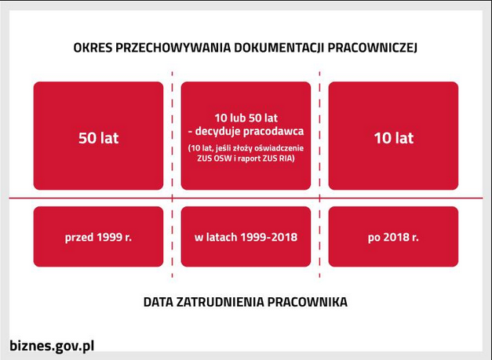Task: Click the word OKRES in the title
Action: (93, 48)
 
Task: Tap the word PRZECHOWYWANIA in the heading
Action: (173, 48)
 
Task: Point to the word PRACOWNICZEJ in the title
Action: (373, 48)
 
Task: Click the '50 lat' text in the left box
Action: (99, 138)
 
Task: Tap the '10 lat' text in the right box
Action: (394, 138)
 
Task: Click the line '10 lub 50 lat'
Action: (246, 118)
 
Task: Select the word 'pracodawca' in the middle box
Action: (273, 131)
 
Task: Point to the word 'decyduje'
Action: (217, 131)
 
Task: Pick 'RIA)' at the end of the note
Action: (287, 158)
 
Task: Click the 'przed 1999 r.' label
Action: (98, 237)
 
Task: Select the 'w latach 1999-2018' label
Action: (246, 237)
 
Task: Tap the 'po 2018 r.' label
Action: (393, 237)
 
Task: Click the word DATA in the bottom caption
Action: (159, 302)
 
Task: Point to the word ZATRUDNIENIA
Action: (220, 302)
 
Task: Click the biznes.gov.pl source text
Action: (52, 346)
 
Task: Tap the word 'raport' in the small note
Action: (249, 158)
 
